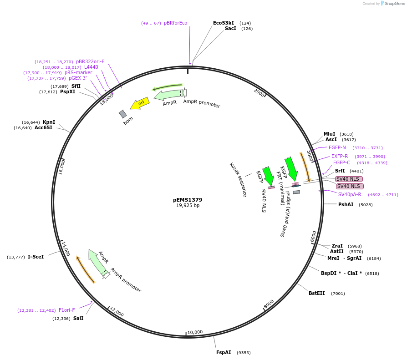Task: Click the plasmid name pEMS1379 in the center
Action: pos(188,200)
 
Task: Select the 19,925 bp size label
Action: pos(188,206)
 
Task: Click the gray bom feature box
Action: pos(122,114)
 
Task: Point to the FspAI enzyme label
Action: pos(224,352)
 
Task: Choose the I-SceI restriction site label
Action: pos(36,257)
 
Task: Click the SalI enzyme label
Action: pos(78,318)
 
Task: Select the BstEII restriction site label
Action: pos(317,293)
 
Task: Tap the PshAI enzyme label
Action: pos(346,204)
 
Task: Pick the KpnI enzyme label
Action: pos(49,122)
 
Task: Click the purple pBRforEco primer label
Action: pos(175,23)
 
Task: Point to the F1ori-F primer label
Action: pos(66,310)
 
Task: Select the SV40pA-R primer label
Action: pos(350,194)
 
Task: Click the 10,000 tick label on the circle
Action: pos(195,332)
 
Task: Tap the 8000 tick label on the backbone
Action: pos(268,303)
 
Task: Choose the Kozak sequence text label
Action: pos(238,179)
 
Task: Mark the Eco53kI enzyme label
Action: pos(224,23)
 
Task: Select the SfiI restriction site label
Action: pos(76,86)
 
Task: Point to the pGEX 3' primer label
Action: pos(78,78)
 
